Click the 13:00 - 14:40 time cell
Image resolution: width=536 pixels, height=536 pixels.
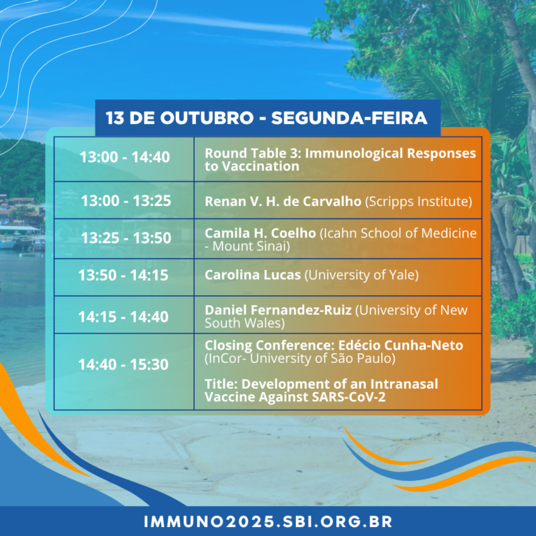click(x=125, y=157)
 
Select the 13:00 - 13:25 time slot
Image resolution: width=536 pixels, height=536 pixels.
click(x=126, y=201)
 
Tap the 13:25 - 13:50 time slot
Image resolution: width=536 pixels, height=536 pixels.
click(x=126, y=238)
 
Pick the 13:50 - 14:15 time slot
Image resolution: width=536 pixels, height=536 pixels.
click(x=124, y=275)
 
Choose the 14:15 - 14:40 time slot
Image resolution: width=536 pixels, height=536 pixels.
click(x=124, y=317)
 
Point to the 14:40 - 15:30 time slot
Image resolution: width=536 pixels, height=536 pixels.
click(x=124, y=365)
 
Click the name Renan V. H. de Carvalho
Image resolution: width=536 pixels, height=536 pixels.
click(x=283, y=201)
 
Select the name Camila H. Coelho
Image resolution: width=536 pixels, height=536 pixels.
click(x=260, y=233)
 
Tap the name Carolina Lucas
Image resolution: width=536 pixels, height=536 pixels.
click(x=253, y=275)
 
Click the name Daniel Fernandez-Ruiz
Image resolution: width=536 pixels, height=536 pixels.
click(x=278, y=310)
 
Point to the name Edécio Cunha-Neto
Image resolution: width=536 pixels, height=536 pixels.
click(x=401, y=345)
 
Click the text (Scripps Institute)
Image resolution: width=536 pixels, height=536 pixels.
click(x=419, y=202)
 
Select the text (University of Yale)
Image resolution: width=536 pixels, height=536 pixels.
click(x=362, y=275)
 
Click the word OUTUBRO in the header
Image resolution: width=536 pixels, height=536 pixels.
click(x=207, y=118)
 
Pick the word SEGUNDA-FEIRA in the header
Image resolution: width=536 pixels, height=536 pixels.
click(x=349, y=118)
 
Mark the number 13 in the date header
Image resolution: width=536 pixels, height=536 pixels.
click(x=115, y=118)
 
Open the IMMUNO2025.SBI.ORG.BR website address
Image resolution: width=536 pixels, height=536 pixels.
click(x=268, y=521)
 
